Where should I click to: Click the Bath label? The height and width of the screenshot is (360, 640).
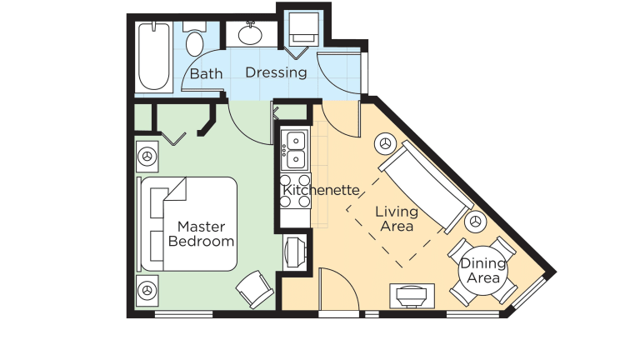[206, 73]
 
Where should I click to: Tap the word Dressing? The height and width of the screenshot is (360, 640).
[276, 72]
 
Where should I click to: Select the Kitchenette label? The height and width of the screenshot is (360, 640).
[321, 190]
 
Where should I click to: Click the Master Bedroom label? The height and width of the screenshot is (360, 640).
[201, 233]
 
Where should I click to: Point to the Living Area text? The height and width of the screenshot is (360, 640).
[397, 217]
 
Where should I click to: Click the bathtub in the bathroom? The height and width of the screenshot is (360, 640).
[154, 56]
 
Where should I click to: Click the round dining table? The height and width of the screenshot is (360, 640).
[482, 269]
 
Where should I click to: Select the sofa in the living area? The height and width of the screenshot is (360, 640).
[424, 186]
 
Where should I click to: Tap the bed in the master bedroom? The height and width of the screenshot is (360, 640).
[189, 223]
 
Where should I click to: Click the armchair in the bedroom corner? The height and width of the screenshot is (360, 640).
[254, 288]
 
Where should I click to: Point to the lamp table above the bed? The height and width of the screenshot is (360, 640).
[147, 155]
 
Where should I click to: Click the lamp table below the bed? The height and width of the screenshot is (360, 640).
[147, 291]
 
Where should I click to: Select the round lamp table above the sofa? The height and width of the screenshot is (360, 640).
[386, 143]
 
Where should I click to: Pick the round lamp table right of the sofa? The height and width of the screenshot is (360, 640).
[475, 222]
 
